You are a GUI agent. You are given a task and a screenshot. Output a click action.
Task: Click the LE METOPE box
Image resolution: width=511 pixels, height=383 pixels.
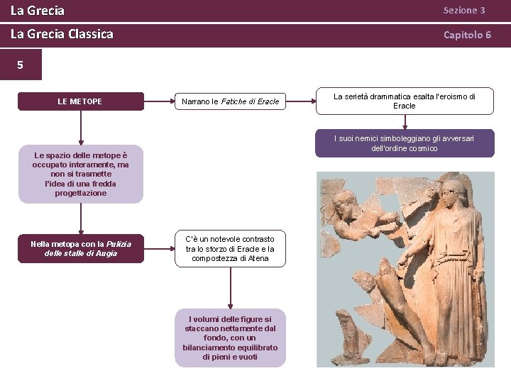click(x=80, y=101)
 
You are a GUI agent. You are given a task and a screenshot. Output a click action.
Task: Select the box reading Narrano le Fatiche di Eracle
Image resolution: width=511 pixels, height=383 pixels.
click(x=230, y=101)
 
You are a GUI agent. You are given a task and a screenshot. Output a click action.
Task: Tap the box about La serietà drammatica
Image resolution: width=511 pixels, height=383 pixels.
click(x=405, y=101)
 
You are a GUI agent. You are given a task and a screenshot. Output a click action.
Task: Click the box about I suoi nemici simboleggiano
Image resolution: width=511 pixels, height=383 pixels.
click(x=405, y=143)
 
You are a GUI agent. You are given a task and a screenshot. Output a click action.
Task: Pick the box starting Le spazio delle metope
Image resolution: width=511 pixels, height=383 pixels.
click(x=80, y=174)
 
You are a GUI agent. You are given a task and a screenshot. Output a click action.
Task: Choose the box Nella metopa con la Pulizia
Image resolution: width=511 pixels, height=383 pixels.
click(x=80, y=248)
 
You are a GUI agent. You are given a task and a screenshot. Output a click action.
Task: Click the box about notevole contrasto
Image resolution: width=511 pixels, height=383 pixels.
click(x=230, y=249)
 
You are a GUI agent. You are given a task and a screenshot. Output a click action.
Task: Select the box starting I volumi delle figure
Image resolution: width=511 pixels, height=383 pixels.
click(x=230, y=338)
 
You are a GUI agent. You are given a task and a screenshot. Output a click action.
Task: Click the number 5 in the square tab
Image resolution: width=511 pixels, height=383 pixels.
click(x=20, y=65)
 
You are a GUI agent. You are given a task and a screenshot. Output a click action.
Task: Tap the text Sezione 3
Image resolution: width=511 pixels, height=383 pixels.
click(x=464, y=11)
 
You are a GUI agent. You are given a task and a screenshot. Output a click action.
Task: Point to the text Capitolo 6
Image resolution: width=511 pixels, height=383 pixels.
click(x=467, y=35)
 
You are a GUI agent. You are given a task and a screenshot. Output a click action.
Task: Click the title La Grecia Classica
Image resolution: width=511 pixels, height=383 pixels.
click(x=62, y=34)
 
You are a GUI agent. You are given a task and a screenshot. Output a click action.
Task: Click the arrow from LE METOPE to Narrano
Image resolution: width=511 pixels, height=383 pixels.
click(x=159, y=101)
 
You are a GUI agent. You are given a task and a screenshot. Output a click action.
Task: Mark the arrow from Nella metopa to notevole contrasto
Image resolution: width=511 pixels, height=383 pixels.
click(x=159, y=248)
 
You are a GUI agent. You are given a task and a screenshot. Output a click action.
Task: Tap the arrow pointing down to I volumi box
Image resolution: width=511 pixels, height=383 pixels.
click(x=230, y=287)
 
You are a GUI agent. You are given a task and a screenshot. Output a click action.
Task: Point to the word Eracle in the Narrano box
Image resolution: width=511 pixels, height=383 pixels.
click(x=268, y=101)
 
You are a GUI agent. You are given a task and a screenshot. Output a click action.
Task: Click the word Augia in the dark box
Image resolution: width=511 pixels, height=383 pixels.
click(x=106, y=253)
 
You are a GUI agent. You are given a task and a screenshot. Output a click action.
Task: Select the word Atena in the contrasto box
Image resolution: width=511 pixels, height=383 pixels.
click(x=258, y=258)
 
